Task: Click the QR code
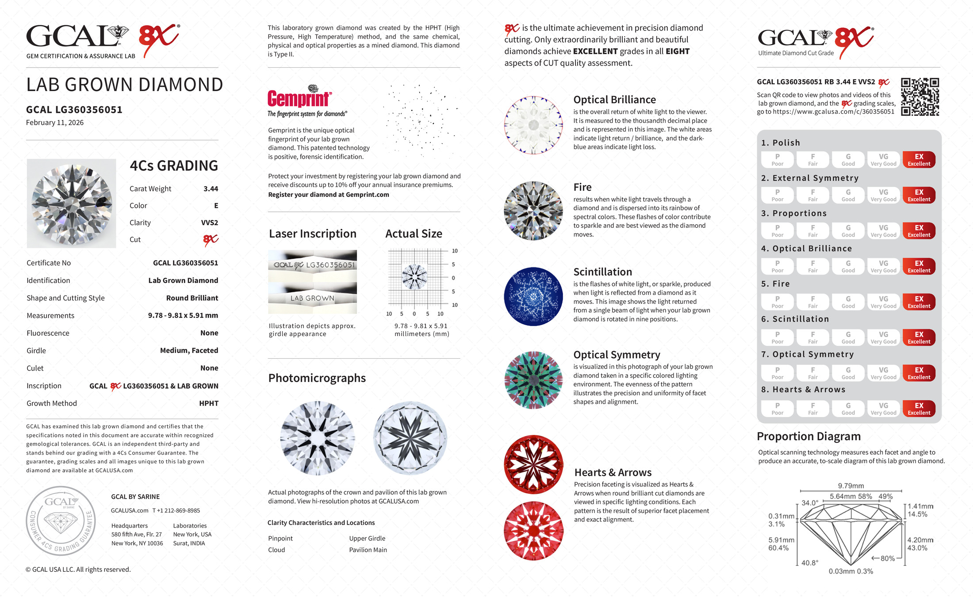click(919, 97)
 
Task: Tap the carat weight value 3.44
click(211, 189)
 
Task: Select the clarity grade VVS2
click(209, 223)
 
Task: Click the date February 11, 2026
click(55, 122)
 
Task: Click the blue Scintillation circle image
click(533, 296)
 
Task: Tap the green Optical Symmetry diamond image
click(533, 380)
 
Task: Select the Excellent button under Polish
click(919, 160)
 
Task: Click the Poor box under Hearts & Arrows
click(777, 409)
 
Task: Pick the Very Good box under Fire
click(883, 302)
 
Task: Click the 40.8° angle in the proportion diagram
click(810, 563)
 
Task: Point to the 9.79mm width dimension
click(850, 486)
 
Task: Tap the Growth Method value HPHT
click(209, 403)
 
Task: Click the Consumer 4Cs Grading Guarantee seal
click(61, 521)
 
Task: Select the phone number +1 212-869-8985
click(176, 510)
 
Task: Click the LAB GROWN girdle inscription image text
click(312, 298)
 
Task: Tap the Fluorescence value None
click(209, 333)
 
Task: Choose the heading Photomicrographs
click(317, 378)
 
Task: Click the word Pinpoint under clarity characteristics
click(280, 538)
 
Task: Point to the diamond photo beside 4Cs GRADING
click(71, 203)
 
